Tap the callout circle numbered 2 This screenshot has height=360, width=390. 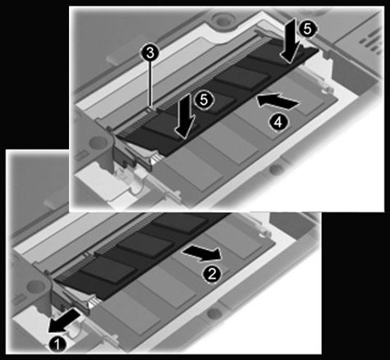(212, 274)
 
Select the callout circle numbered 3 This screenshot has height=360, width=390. (150, 53)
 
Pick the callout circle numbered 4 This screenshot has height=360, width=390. (278, 122)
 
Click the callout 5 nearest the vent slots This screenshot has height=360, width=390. (308, 29)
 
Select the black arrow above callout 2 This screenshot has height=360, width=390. (202, 252)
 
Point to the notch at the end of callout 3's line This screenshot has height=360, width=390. (150, 109)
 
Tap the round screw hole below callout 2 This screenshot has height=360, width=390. (213, 312)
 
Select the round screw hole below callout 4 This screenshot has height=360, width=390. (277, 167)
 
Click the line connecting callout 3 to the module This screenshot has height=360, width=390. (150, 84)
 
